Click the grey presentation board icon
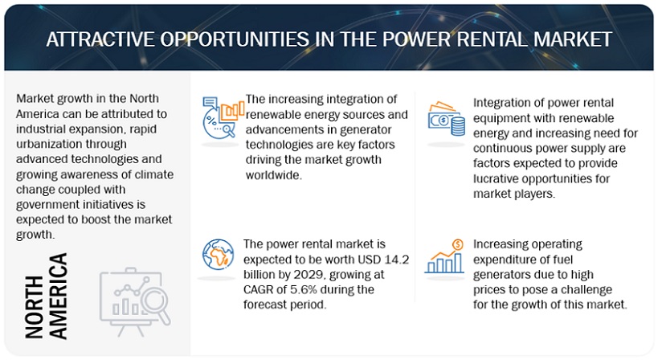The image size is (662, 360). pos(133,295)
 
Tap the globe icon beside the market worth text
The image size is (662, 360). pos(218,258)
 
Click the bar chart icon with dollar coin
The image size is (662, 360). pos(444,257)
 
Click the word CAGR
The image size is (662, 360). pos(261,289)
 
